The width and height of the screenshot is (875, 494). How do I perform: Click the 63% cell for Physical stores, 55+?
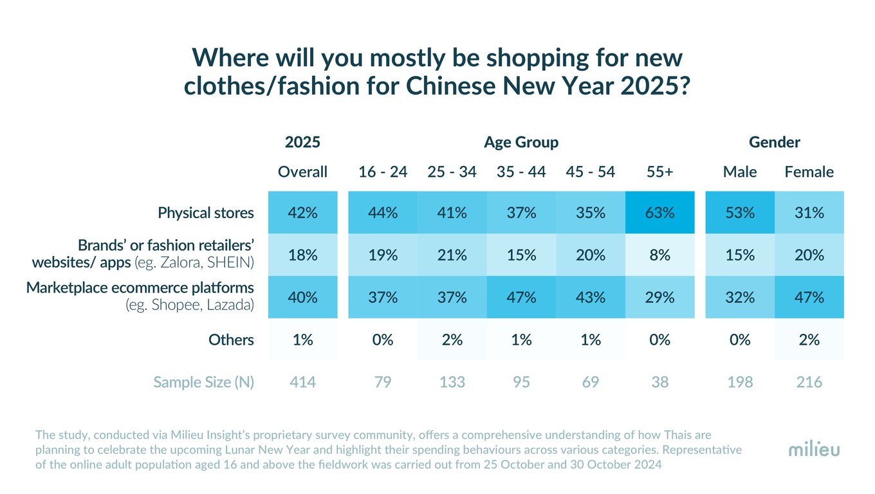[659, 212]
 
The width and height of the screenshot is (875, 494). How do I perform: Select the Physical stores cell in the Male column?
[740, 212]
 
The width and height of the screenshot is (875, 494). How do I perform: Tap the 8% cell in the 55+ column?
[659, 255]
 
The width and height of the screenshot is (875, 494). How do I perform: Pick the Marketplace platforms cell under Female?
[809, 297]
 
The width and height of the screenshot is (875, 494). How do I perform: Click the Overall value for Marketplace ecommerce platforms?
[302, 297]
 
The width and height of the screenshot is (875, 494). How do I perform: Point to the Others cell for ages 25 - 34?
[452, 340]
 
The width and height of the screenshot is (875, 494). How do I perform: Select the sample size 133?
[452, 382]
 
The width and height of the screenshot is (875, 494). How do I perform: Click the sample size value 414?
[302, 382]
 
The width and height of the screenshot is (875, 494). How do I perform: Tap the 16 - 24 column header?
[383, 172]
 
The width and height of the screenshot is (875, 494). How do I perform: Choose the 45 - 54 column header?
[590, 172]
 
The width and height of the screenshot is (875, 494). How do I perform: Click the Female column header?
[809, 172]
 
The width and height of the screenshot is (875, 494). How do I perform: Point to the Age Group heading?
[521, 142]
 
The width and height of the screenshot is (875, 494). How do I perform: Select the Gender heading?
[775, 142]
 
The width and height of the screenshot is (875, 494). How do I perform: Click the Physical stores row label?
[206, 213]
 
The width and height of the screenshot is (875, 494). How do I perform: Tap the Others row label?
[231, 340]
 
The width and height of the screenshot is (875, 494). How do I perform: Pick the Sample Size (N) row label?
[203, 382]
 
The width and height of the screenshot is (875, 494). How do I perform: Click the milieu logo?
[814, 450]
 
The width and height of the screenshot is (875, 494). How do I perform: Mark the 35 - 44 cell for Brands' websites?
[521, 255]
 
